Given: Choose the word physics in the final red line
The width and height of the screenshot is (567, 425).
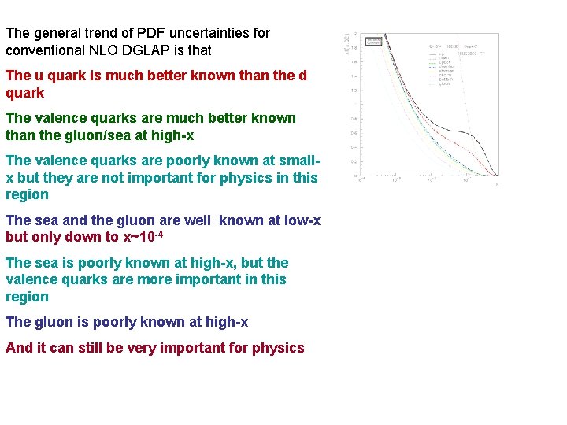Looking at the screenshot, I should [278, 348].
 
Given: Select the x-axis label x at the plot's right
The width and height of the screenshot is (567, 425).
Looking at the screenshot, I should [497, 183].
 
